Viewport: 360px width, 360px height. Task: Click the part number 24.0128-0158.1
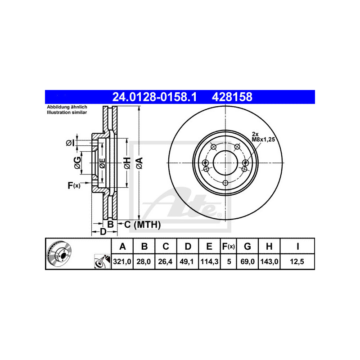pos(154,97)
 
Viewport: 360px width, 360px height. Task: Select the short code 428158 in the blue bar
pos(232,97)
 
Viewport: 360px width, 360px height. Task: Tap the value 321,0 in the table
pos(122,261)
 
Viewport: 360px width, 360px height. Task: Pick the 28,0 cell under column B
pos(144,261)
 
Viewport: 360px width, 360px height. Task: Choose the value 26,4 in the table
pos(165,261)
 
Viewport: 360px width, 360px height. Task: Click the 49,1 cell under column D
pos(187,261)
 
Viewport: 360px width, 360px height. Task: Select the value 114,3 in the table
pos(209,261)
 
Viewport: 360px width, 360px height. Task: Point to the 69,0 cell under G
pos(247,261)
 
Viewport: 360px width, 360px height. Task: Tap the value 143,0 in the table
pos(269,261)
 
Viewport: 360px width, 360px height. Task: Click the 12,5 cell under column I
pos(297,261)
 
